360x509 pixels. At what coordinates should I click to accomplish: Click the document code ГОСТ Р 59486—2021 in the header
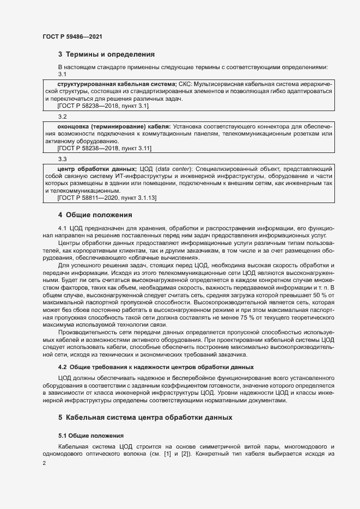72,36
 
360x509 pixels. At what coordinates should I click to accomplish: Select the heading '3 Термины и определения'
106,54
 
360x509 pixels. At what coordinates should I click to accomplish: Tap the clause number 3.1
62,74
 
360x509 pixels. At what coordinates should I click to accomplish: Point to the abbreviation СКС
185,84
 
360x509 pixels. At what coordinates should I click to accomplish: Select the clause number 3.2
62,116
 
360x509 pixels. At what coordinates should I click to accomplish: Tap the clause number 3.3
62,159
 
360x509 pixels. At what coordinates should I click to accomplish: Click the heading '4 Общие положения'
95,214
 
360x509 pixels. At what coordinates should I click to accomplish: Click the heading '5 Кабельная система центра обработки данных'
145,418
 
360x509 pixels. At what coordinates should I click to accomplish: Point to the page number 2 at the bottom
44,463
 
